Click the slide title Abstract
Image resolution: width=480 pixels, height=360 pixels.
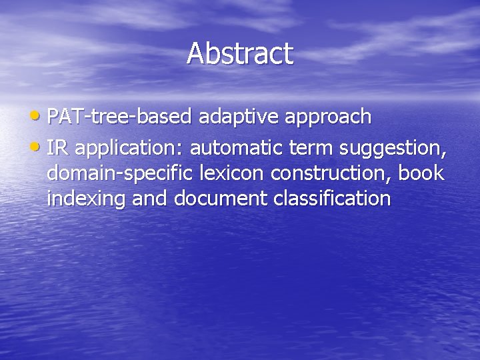coord(240,54)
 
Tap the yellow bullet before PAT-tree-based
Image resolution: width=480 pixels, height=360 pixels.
coord(39,117)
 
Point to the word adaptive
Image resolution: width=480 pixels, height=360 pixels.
coord(239,117)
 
